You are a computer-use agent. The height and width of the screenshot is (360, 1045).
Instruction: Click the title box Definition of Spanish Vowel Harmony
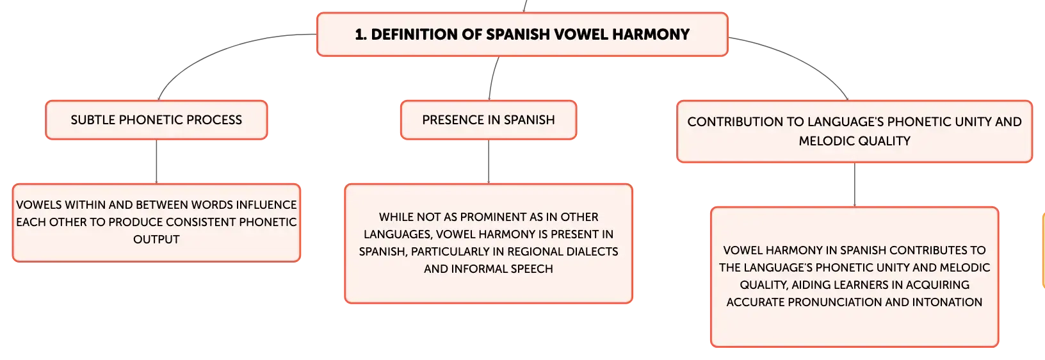(522, 35)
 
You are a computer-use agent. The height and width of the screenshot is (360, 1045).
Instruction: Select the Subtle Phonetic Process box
(156, 120)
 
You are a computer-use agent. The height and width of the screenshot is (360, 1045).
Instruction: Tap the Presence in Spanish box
(489, 120)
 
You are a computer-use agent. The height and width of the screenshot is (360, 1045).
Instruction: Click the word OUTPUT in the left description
(156, 240)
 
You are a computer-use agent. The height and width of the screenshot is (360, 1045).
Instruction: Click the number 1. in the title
(360, 35)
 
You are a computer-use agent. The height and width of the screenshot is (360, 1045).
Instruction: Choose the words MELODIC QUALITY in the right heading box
(855, 141)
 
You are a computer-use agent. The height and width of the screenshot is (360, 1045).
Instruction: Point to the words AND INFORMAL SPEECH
(489, 269)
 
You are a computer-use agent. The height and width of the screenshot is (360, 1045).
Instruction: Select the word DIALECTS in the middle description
(592, 252)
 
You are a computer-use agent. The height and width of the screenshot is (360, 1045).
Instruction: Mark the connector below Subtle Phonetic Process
(156, 161)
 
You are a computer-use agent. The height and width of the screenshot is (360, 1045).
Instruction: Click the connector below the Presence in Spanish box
(489, 161)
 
